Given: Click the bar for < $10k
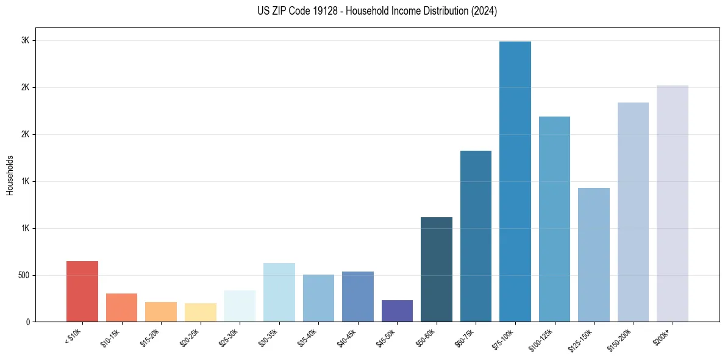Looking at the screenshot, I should [82, 291].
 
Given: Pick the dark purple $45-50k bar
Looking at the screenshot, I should [397, 311].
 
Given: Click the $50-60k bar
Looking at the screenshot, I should [437, 269].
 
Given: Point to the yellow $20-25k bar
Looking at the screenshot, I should [201, 312].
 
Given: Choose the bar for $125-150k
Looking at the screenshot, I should [594, 254].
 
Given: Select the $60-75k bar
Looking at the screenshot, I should [476, 236].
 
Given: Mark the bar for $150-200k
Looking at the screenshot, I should [633, 212].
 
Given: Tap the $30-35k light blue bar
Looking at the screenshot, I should [279, 292].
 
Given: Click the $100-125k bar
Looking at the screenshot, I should [554, 219].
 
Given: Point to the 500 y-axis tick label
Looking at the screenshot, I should [23, 275].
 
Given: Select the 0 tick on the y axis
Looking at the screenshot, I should [27, 322].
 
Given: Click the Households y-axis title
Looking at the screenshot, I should [10, 175].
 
